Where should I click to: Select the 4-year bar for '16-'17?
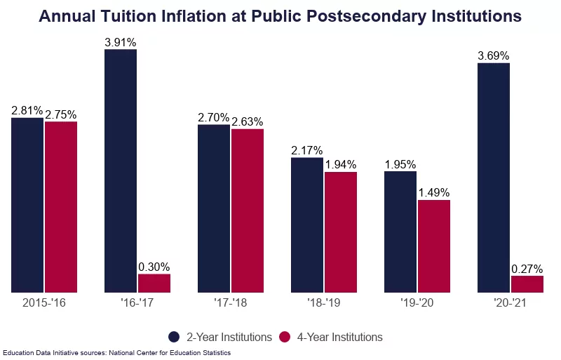(154, 283)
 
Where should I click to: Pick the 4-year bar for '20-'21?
(527, 284)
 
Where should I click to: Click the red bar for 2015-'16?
(61, 206)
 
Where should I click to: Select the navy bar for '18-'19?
(307, 225)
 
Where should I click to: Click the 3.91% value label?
(120, 42)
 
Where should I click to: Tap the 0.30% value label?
(154, 267)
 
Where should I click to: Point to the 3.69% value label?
(494, 55)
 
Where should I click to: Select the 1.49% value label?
(434, 192)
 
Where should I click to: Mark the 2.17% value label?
(307, 150)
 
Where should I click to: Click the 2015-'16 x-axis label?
(44, 304)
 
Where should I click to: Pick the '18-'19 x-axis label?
(324, 304)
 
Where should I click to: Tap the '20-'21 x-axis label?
(511, 304)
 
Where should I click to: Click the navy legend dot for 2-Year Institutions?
(175, 337)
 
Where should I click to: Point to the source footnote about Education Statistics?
(116, 353)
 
